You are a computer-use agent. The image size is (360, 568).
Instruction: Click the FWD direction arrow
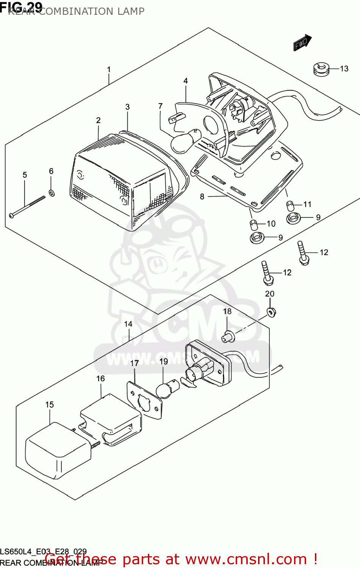[302, 42]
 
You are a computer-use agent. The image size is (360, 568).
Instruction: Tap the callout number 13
[344, 69]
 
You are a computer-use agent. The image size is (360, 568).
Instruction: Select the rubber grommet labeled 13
[321, 69]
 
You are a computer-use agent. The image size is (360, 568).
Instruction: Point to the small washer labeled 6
[52, 193]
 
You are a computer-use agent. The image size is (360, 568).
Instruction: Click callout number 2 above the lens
[98, 120]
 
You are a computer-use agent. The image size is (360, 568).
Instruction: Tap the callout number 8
[202, 197]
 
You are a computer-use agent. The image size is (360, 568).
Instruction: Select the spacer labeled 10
[253, 225]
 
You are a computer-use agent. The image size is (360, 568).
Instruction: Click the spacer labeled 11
[290, 206]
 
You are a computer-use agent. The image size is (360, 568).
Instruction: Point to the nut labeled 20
[271, 312]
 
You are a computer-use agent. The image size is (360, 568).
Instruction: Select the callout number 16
[100, 379]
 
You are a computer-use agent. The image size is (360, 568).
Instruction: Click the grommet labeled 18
[227, 337]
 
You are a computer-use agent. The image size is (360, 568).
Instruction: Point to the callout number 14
[128, 324]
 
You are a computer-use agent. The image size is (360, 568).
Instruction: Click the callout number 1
[109, 70]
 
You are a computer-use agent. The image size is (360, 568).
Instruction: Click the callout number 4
[186, 81]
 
